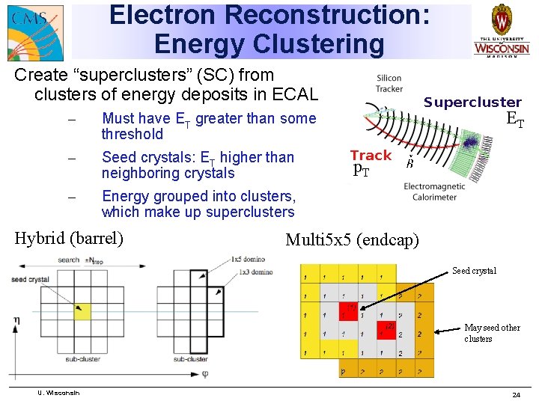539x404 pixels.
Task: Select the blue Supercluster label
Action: point(472,102)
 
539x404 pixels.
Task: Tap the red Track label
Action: point(371,156)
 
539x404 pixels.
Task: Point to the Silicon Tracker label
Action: point(389,83)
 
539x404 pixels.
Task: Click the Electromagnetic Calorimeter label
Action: point(434,192)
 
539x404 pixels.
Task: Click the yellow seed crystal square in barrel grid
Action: point(82,310)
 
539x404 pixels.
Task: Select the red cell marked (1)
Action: point(349,308)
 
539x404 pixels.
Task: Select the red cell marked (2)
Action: point(387,330)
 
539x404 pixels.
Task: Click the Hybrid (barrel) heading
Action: point(69,239)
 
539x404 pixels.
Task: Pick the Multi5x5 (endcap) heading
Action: point(353,239)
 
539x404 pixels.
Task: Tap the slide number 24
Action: point(516,394)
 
